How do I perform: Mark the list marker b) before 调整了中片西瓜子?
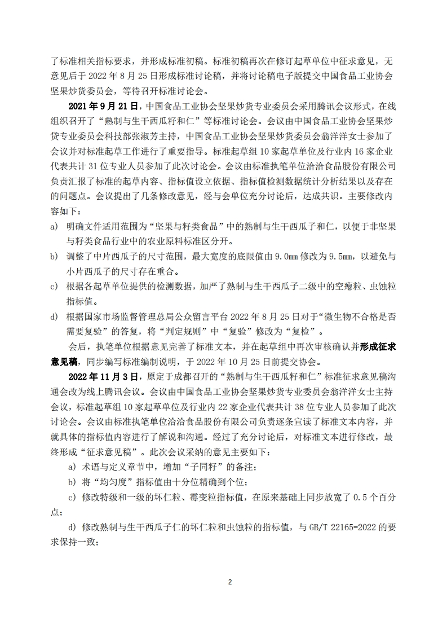54,257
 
